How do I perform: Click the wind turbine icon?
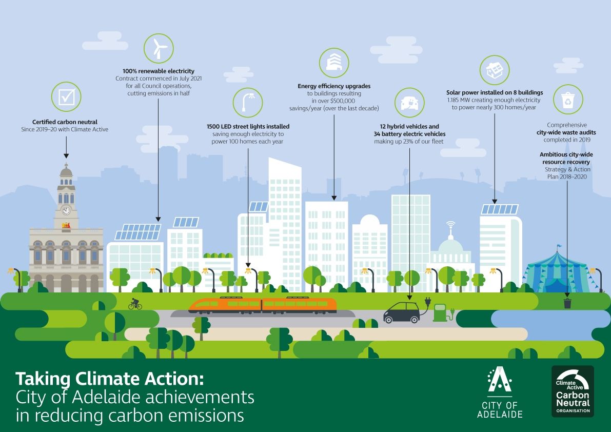coord(159,48)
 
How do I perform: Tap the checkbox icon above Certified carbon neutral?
coord(66,96)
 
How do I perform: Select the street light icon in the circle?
coord(248,103)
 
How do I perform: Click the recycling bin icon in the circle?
coord(568,100)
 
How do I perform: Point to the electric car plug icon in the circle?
coord(409,103)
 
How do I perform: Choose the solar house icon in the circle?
coord(495,70)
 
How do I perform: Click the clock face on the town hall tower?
coord(66,211)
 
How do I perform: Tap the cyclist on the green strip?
coord(135,304)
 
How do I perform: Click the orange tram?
coord(262,305)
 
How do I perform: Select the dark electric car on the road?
coord(402,312)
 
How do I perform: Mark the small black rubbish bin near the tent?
coord(567,303)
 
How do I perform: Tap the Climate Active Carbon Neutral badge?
coord(573,391)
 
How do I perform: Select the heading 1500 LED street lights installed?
coord(248,127)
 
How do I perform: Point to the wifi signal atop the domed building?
coord(451,225)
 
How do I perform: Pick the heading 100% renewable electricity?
coord(159,71)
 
